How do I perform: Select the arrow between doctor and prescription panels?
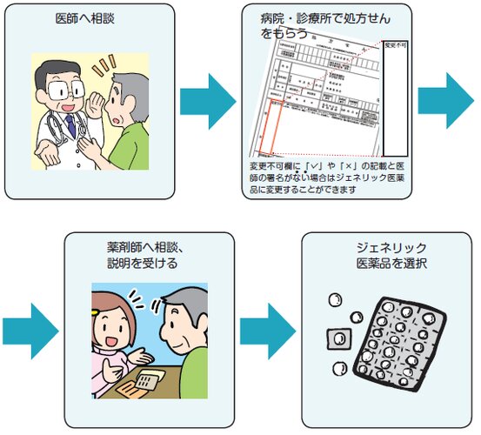coord(206,102)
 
